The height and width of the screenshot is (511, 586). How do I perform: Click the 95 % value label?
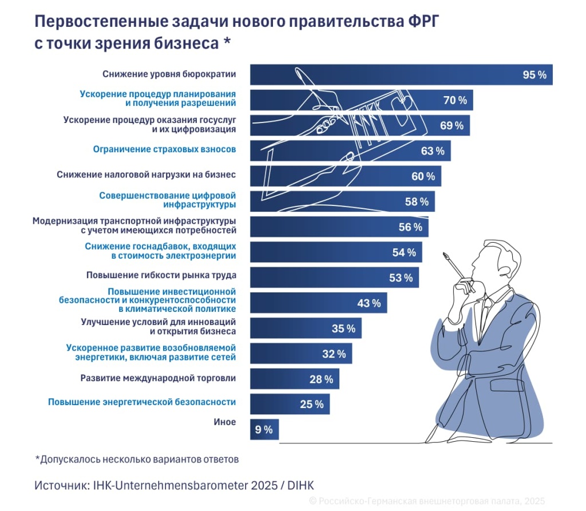tap(534, 75)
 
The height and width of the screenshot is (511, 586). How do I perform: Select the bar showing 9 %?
tap(264, 430)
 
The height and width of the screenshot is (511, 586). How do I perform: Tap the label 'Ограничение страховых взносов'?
tap(164, 150)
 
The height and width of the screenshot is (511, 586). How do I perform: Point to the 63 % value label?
tap(432, 151)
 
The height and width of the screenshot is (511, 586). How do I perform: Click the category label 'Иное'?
tap(224, 422)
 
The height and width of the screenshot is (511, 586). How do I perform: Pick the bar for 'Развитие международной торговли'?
tap(295, 379)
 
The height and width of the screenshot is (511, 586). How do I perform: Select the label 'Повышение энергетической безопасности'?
tap(141, 402)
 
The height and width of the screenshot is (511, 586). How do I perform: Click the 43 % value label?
tap(369, 303)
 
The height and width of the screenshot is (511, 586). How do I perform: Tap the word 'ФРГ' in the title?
tap(423, 21)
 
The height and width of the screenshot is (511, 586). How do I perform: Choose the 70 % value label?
tap(455, 101)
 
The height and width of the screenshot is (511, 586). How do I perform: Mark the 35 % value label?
tap(343, 328)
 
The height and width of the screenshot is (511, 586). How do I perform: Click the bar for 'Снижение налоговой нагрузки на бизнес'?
tap(346, 176)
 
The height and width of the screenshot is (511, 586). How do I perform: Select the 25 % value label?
tap(311, 405)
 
